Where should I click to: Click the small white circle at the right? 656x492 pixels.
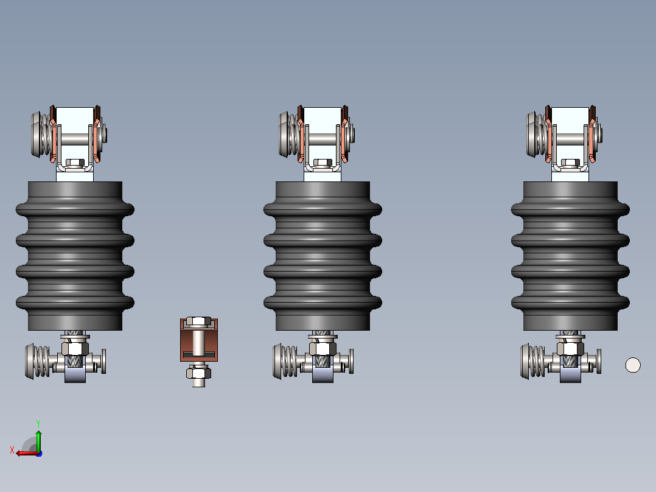pos(633,365)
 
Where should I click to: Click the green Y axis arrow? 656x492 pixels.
pos(38,440)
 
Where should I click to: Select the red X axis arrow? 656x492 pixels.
pos(27,453)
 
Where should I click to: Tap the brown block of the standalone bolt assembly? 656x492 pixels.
pos(199,340)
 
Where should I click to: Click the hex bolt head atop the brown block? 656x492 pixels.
pos(199,321)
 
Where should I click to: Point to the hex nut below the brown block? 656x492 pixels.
pos(199,372)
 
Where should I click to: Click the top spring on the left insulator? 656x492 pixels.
pos(42,134)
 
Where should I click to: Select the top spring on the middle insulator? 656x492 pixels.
pos(290,134)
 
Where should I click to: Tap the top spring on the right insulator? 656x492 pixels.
pos(537,134)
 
